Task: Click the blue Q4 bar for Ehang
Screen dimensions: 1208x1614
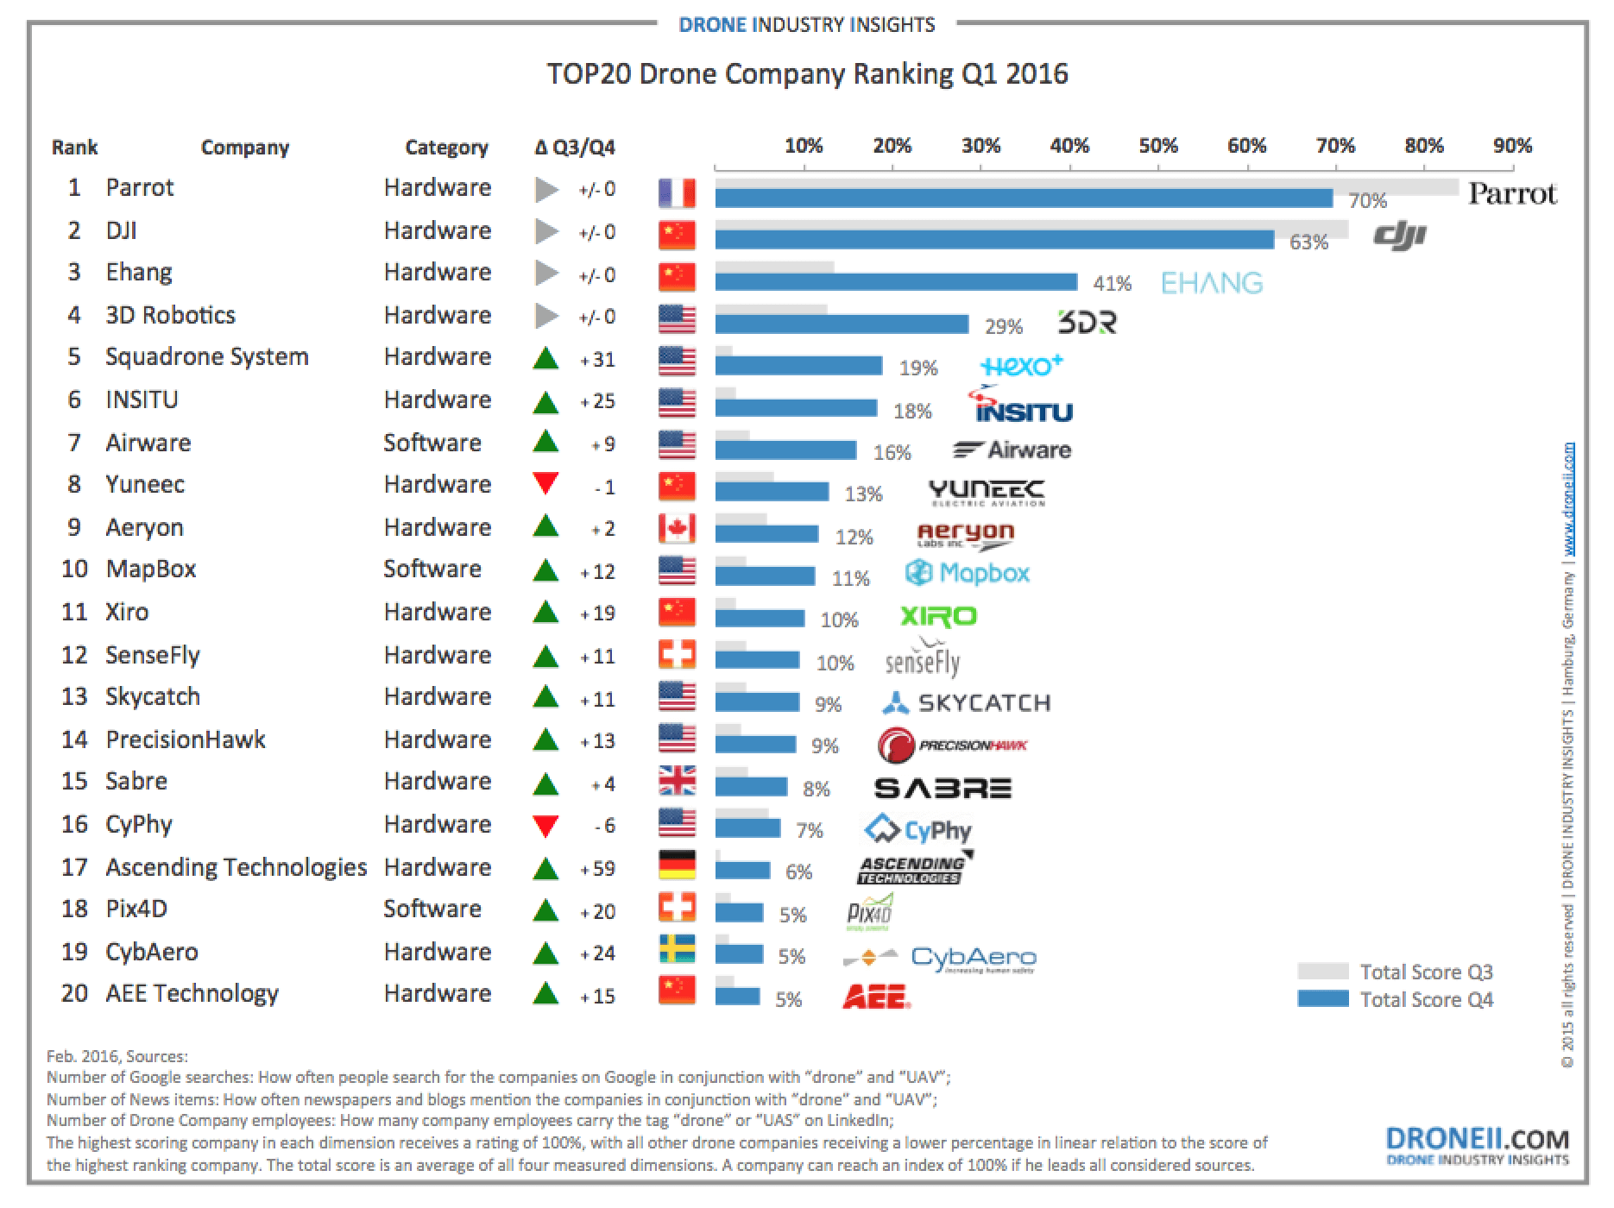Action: (896, 282)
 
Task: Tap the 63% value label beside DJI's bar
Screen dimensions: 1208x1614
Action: (1308, 242)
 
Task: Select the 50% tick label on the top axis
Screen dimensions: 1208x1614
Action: (1157, 146)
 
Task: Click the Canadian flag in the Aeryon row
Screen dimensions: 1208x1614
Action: (677, 528)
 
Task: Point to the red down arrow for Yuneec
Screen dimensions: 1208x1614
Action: (545, 483)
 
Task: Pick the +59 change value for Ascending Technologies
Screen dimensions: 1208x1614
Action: (597, 869)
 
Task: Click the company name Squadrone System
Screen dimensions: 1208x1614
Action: (207, 357)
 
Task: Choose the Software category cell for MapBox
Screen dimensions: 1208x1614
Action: (432, 569)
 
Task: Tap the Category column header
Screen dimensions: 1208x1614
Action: (446, 148)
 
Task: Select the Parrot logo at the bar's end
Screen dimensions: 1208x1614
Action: (1512, 194)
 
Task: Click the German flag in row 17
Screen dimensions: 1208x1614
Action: (677, 865)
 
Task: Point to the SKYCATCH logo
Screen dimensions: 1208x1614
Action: (967, 703)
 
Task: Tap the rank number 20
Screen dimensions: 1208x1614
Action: (75, 994)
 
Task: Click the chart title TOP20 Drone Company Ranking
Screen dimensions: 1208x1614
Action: (807, 74)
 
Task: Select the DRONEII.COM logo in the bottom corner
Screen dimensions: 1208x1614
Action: (1477, 1146)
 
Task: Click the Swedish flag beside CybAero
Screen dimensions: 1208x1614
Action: (677, 949)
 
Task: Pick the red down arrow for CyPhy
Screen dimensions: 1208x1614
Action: (545, 825)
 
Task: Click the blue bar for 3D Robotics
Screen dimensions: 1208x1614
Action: (842, 324)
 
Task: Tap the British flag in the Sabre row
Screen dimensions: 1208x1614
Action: (677, 781)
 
